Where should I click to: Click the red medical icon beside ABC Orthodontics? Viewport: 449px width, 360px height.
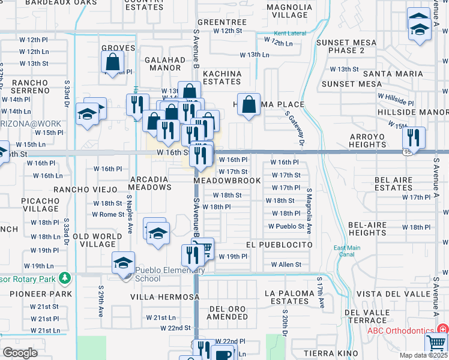pyautogui.click(x=443, y=330)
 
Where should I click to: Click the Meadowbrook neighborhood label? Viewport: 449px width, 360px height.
pyautogui.click(x=227, y=181)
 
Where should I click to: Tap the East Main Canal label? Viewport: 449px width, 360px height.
pyautogui.click(x=348, y=252)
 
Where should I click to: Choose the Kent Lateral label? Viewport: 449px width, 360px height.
pyautogui.click(x=289, y=33)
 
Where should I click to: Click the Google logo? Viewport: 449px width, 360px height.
pyautogui.click(x=20, y=353)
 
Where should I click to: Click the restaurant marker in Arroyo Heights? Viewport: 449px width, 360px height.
pyautogui.click(x=414, y=137)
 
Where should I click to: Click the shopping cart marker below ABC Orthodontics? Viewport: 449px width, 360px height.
pyautogui.click(x=436, y=346)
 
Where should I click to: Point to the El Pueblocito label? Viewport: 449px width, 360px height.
pyautogui.click(x=279, y=245)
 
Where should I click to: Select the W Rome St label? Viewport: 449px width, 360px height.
pyautogui.click(x=108, y=215)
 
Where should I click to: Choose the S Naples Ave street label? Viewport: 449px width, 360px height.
pyautogui.click(x=130, y=206)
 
